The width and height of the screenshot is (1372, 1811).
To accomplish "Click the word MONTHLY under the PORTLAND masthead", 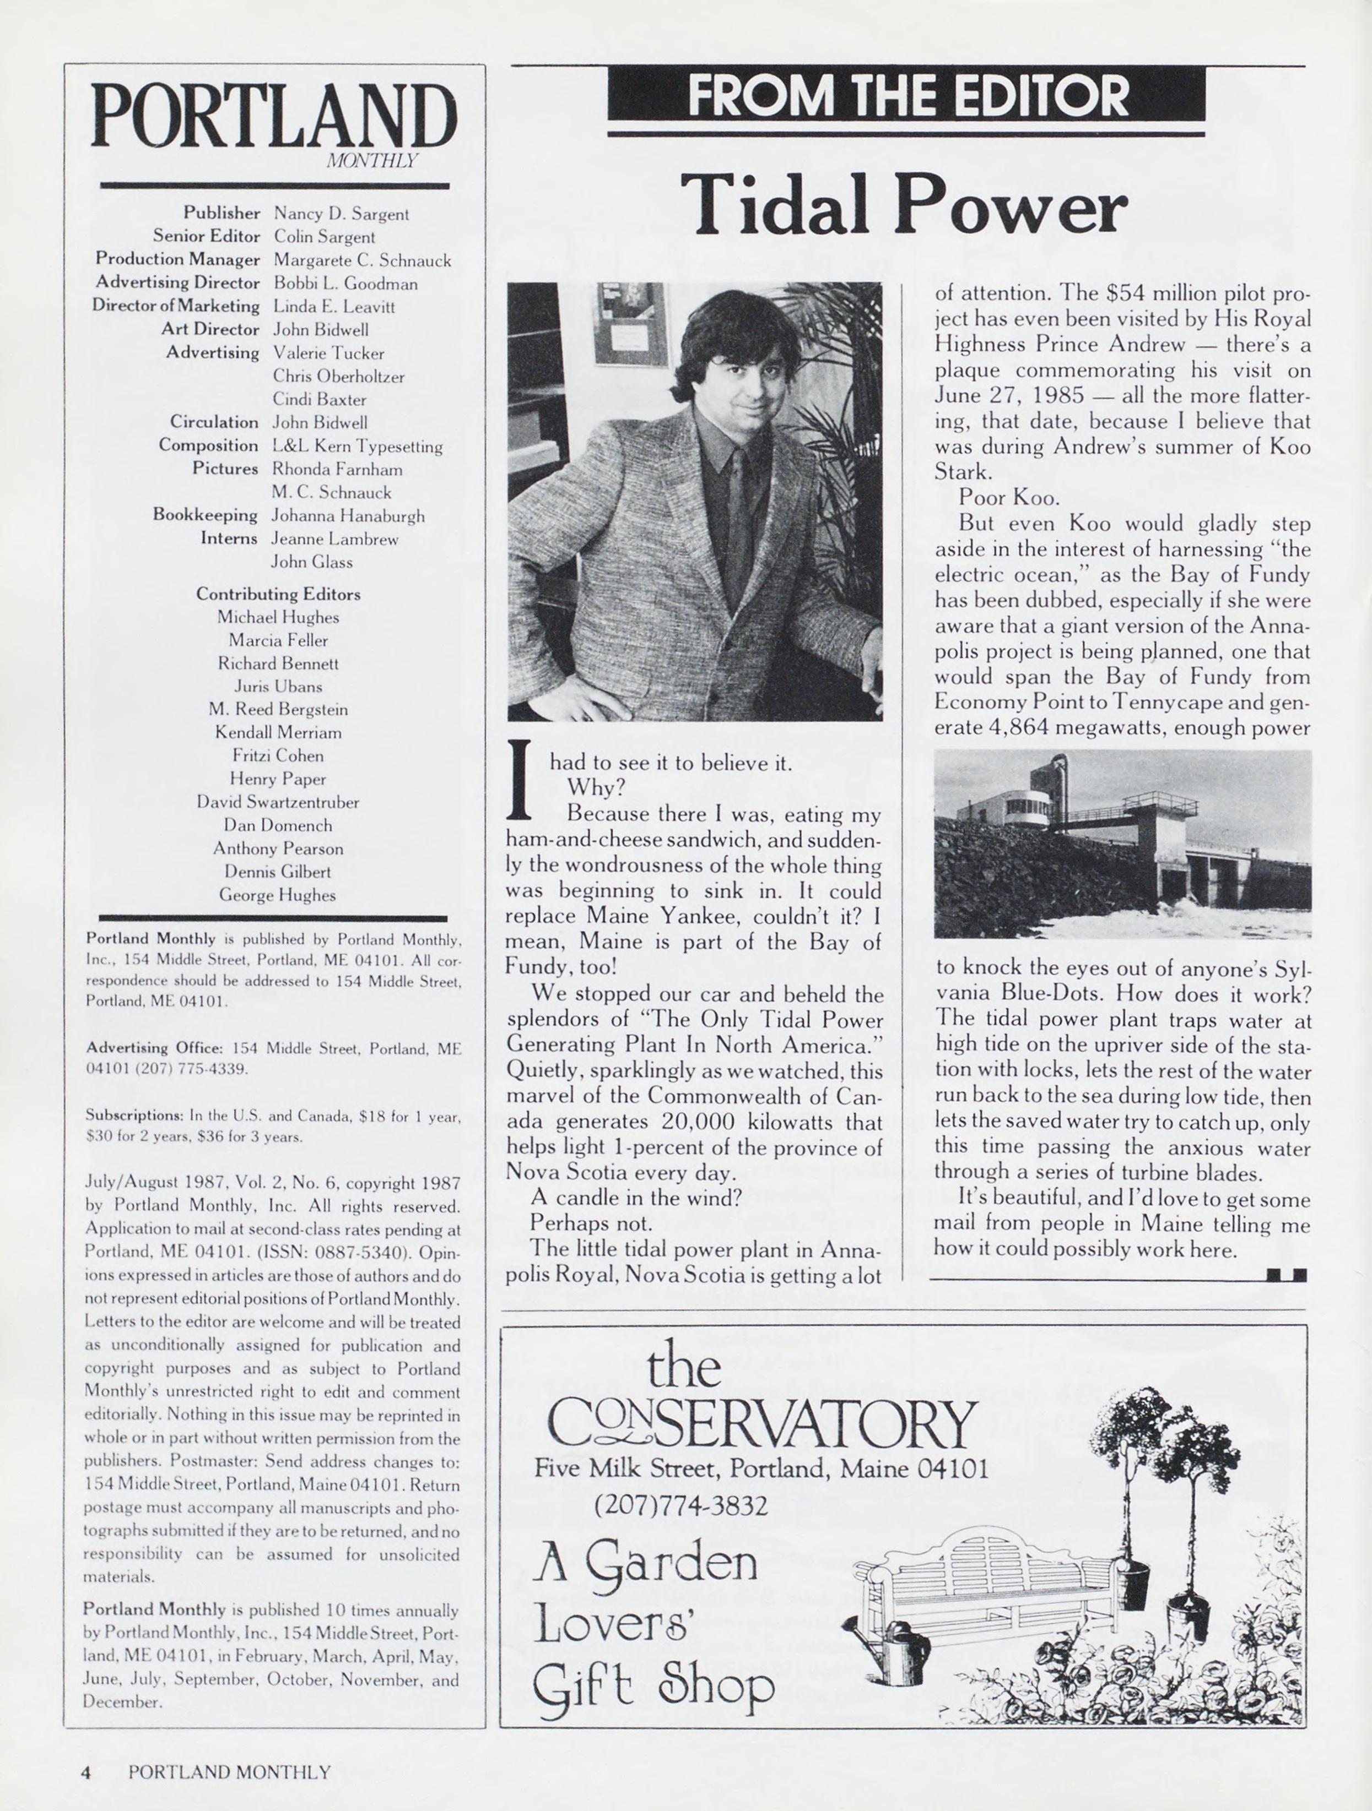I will tap(372, 161).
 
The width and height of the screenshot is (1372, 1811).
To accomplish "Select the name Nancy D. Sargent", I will tap(341, 215).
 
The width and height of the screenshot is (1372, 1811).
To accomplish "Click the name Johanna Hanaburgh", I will tap(348, 516).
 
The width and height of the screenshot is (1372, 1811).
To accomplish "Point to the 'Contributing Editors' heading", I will tap(278, 594).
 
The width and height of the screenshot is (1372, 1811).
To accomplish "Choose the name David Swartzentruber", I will tap(278, 802).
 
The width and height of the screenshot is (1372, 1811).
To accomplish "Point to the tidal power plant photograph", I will tap(1122, 843).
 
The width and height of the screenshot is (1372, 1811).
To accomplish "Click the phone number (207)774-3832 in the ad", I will tap(680, 1505).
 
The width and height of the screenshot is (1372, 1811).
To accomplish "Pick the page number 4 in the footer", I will tap(85, 1772).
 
